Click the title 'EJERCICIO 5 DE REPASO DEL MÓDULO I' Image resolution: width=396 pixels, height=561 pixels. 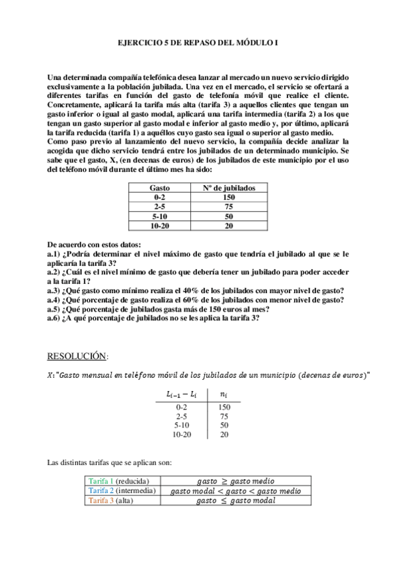click(198, 42)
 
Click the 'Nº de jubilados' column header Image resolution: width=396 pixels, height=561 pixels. click(229, 188)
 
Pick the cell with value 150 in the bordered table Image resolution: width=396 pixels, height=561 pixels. click(229, 197)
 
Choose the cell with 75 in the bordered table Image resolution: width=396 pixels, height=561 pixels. click(229, 206)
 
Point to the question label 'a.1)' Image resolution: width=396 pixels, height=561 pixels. click(54, 254)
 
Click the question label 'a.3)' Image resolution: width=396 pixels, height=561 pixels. click(54, 290)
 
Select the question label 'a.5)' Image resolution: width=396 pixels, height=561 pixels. click(54, 308)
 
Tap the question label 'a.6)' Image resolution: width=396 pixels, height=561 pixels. click(54, 318)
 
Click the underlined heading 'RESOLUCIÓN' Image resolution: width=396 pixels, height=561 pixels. click(76, 356)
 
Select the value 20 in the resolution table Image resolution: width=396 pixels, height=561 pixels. click(224, 435)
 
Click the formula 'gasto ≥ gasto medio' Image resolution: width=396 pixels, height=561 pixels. click(235, 481)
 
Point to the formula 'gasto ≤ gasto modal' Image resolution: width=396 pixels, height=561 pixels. click(235, 501)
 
